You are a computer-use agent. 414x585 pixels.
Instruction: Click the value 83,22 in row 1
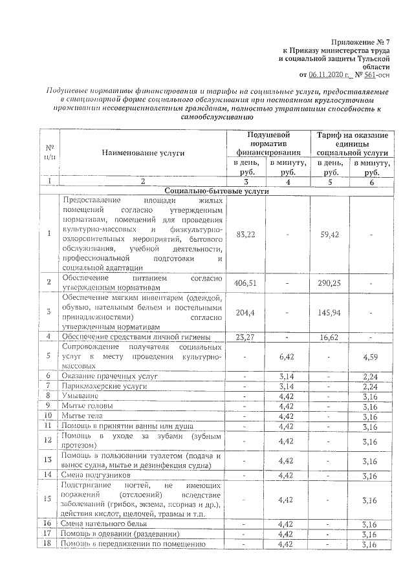(x=246, y=233)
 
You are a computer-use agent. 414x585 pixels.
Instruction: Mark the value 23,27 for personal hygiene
(x=246, y=337)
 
